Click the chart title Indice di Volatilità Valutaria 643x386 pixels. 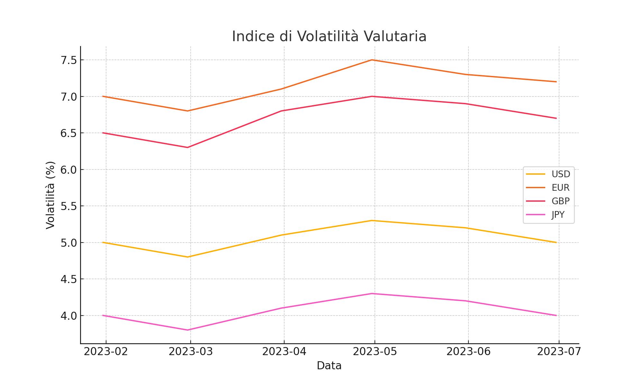329,36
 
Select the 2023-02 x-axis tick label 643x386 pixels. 106,352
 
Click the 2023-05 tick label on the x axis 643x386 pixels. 375,352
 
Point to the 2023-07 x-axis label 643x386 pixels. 559,352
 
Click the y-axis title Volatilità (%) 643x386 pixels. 50,195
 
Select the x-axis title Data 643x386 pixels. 329,366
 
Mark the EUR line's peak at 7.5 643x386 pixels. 372,60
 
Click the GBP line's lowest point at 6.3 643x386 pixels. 188,147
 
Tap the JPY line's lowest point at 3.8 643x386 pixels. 188,330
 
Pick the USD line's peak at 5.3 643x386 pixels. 372,221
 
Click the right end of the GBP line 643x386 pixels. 556,118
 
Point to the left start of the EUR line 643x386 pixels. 103,96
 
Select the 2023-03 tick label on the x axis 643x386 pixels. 191,352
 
